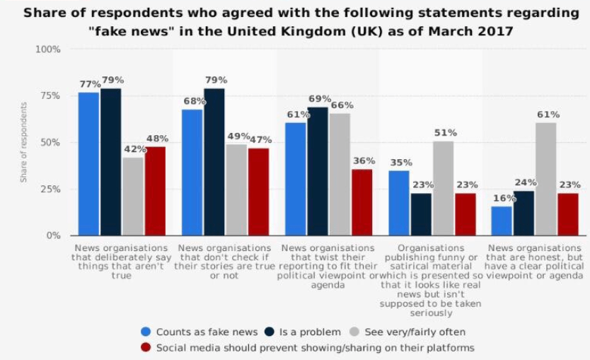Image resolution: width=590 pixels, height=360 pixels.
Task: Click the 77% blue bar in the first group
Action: pyautogui.click(x=88, y=164)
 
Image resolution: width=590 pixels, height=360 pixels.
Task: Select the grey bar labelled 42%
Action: pyautogui.click(x=132, y=197)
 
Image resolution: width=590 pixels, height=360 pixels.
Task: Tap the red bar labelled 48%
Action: pyautogui.click(x=155, y=191)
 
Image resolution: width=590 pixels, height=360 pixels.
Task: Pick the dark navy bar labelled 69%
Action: pyautogui.click(x=318, y=171)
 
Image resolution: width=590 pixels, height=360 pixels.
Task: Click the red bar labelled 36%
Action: pyautogui.click(x=361, y=202)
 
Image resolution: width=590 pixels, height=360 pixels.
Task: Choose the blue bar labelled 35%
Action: pyautogui.click(x=399, y=203)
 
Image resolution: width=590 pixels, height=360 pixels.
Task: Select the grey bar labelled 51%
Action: pyautogui.click(x=443, y=188)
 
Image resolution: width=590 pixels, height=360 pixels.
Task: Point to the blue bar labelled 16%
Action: pyautogui.click(x=502, y=221)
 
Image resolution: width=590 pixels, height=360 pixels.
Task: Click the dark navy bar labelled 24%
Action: pyautogui.click(x=524, y=213)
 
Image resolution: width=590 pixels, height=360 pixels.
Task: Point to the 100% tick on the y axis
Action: pyautogui.click(x=48, y=49)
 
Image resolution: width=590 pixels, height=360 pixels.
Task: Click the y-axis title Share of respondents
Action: pyautogui.click(x=23, y=142)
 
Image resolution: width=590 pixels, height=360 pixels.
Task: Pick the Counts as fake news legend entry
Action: pyautogui.click(x=200, y=332)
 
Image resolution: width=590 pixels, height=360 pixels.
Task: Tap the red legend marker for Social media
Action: pyautogui.click(x=146, y=347)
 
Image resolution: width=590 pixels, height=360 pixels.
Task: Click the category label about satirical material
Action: pyautogui.click(x=436, y=280)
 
